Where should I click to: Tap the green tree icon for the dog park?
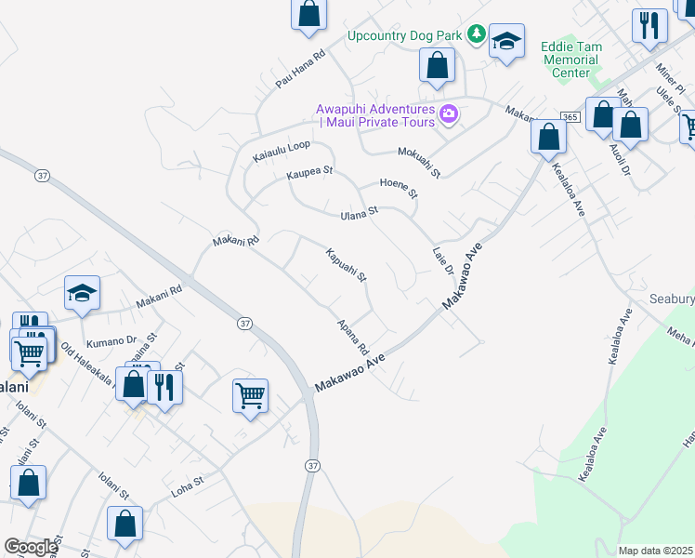tap(477, 34)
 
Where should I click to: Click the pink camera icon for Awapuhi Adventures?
tap(450, 113)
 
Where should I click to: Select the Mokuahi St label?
tap(418, 162)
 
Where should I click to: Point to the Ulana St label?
tap(360, 213)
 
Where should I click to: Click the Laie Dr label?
tap(442, 260)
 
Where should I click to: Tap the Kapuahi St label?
tap(347, 265)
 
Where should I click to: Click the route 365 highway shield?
tap(570, 116)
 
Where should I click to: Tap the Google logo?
tap(30, 547)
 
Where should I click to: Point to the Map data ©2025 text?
tap(655, 551)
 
